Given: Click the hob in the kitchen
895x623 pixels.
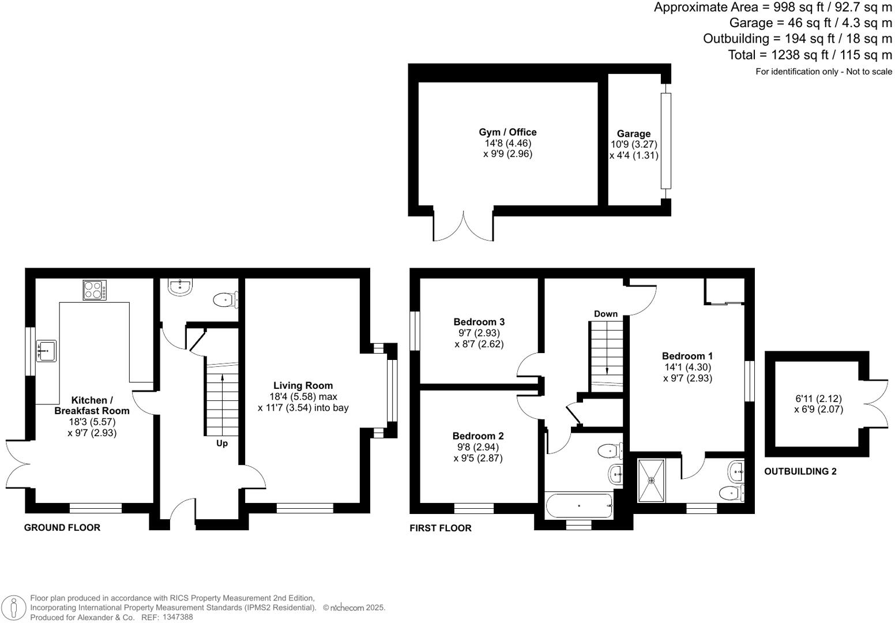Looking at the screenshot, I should click(95, 290).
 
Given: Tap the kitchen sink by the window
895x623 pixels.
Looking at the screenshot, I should click(46, 350).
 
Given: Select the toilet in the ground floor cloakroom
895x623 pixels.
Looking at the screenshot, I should click(224, 300).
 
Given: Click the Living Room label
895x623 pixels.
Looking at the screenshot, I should click(303, 385).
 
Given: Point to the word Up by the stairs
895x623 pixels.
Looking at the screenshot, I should click(222, 443).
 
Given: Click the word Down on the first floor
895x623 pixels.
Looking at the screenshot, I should click(606, 314).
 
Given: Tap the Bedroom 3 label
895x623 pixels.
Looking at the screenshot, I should click(479, 322).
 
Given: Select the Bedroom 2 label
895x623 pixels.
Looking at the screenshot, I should click(478, 436).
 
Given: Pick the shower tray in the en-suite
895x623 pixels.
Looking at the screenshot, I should click(652, 480).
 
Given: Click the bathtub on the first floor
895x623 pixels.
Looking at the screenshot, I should click(579, 505).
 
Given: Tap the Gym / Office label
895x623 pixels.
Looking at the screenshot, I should click(507, 132).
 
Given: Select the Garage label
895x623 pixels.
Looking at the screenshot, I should click(633, 134).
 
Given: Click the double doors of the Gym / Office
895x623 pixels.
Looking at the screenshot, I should click(463, 227).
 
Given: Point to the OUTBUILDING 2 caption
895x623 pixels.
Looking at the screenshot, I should click(800, 471).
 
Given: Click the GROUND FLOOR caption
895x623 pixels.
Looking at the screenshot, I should click(62, 527).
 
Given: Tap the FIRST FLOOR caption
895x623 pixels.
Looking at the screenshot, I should click(440, 528).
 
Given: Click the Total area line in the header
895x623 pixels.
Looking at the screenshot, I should click(810, 55).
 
